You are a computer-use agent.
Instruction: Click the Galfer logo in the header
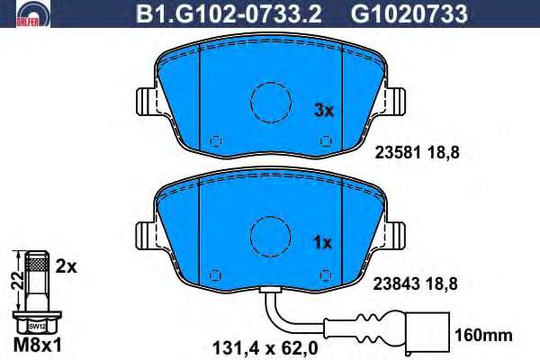(33, 13)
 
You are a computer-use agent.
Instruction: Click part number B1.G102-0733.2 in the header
(229, 14)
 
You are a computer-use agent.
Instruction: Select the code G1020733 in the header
(409, 14)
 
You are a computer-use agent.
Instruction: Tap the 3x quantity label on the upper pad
(324, 110)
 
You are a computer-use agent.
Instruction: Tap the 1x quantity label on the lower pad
(323, 243)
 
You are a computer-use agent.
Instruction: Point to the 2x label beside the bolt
(66, 266)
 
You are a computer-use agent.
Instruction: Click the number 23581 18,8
(417, 153)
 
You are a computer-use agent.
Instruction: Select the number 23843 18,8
(416, 284)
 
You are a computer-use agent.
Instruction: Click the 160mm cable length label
(484, 335)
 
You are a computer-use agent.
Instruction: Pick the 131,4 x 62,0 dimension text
(265, 348)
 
